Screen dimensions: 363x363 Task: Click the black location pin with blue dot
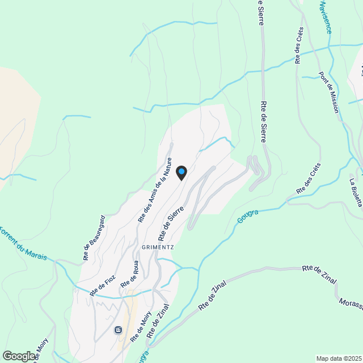click(181, 172)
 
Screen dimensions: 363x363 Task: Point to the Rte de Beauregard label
click(94, 238)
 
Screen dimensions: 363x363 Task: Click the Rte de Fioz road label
click(103, 286)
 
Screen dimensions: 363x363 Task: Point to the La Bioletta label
click(355, 193)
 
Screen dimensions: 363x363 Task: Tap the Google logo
click(18, 356)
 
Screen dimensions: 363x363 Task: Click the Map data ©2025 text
click(339, 358)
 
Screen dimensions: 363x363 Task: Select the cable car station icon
click(118, 330)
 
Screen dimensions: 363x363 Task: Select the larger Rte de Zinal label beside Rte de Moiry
click(159, 321)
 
